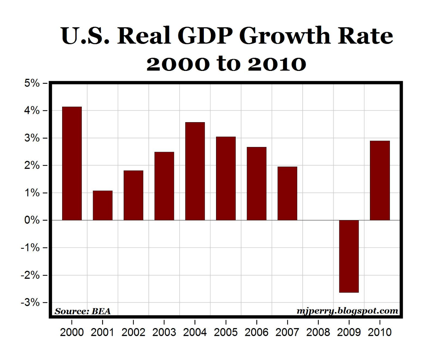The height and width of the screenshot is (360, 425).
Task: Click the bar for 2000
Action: [72, 163]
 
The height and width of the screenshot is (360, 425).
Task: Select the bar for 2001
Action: [103, 205]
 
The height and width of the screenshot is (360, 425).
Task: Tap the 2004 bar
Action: [195, 171]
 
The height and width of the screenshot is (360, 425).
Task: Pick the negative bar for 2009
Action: [349, 256]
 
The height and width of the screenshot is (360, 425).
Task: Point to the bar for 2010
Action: [380, 180]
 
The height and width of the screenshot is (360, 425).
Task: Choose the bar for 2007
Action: [287, 193]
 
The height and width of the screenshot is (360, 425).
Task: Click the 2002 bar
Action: [133, 195]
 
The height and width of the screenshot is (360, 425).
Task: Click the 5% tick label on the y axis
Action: [32, 83]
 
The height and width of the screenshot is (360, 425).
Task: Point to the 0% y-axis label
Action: [32, 220]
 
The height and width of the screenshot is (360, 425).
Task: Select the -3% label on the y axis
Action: [30, 303]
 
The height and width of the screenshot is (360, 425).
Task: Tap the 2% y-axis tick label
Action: [32, 166]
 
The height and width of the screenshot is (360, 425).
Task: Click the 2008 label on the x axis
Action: [318, 332]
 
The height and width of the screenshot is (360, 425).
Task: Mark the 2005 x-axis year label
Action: [226, 332]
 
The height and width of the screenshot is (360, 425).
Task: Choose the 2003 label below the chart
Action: [164, 332]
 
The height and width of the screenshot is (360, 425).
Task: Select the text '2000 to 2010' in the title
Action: [226, 63]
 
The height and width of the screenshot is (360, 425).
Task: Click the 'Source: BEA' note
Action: [83, 311]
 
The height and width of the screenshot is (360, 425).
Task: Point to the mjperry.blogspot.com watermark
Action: [347, 311]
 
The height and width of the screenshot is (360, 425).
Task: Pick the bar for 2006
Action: [257, 184]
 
